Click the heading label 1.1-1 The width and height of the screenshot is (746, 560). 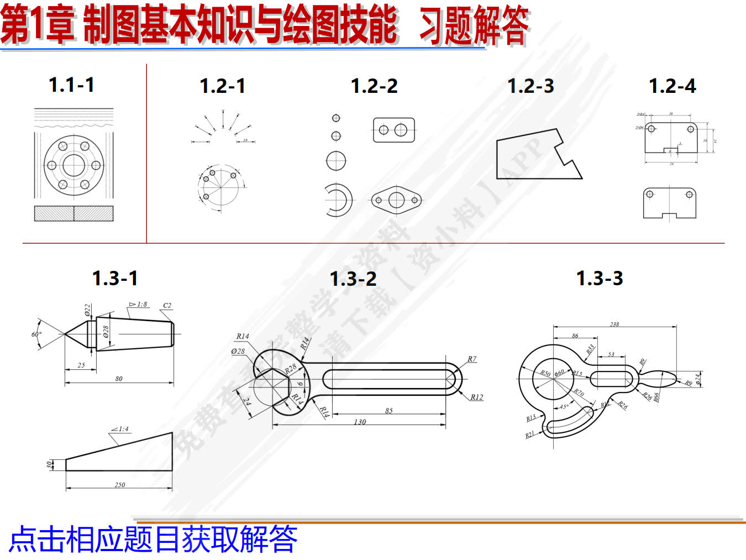point(71,85)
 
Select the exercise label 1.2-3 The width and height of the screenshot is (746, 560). point(530,86)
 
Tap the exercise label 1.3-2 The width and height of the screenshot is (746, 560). point(353,279)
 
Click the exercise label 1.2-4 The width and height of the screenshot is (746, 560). point(673,86)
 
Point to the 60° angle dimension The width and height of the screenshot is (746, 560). point(36,334)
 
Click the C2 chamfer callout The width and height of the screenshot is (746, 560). point(167,305)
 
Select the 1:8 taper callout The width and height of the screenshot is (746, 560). point(139,305)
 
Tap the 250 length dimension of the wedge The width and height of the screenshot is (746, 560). point(120,485)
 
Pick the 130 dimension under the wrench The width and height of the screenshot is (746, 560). point(360,422)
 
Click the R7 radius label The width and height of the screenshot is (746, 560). point(471,359)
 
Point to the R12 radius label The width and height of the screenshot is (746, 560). point(476,397)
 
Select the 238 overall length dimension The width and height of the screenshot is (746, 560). point(614,324)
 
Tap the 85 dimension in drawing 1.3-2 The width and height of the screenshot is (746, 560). point(389,410)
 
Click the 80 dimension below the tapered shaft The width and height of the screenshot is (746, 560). point(119,379)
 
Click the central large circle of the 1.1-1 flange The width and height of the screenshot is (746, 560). point(73,165)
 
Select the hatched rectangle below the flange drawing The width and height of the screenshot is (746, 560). point(73,213)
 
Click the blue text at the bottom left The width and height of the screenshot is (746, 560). point(154,539)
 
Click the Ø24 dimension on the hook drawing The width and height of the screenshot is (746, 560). point(697,379)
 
